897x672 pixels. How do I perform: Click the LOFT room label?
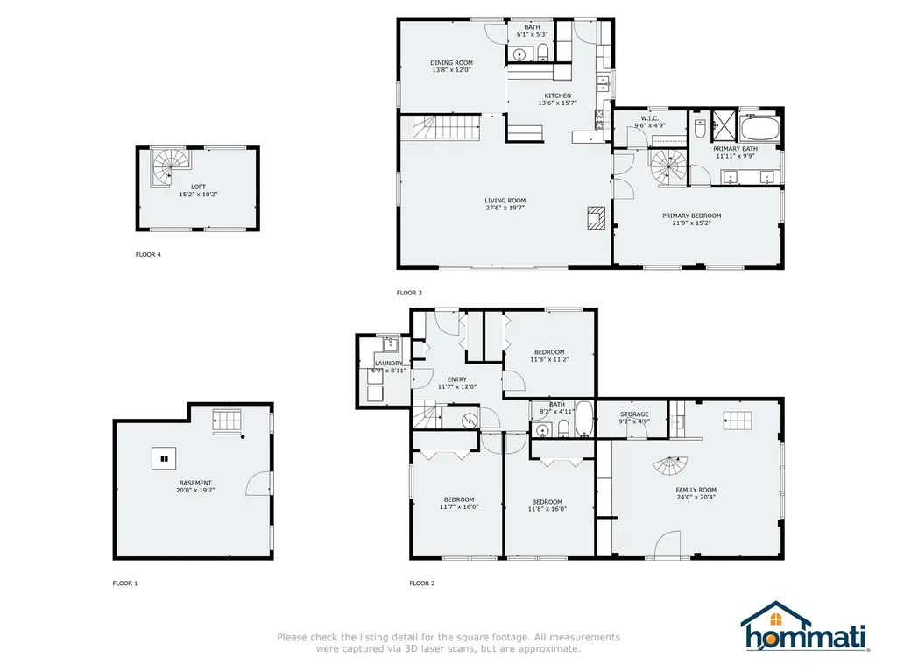pos(198,186)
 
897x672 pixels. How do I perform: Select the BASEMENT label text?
pos(195,483)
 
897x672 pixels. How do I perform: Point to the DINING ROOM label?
pos(451,62)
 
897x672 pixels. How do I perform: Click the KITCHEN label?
pos(557,95)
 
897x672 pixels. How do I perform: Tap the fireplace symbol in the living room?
pos(597,217)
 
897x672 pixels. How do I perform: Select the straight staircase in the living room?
pos(441,127)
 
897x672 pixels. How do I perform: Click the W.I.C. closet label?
pos(649,118)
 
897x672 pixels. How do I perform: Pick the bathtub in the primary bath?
pos(759,130)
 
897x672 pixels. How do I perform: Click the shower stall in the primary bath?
pos(724,126)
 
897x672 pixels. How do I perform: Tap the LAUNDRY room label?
pos(389,363)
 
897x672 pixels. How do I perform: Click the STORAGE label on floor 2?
pos(634,414)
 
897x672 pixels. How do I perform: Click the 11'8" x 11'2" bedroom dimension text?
pos(549,359)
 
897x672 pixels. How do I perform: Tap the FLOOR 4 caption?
pos(148,255)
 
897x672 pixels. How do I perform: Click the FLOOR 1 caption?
pos(125,584)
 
